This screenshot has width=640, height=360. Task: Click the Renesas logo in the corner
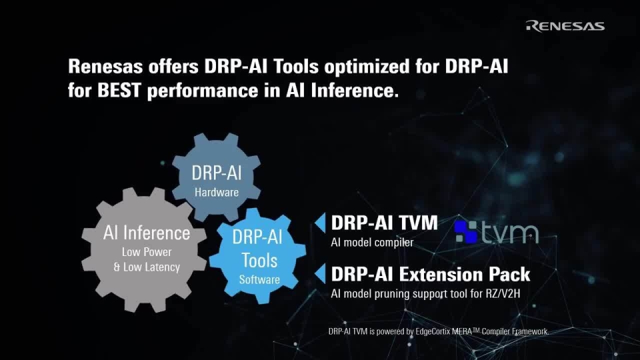pyautogui.click(x=565, y=26)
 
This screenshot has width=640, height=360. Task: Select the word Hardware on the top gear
pyautogui.click(x=217, y=192)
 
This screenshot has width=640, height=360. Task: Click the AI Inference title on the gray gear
pyautogui.click(x=147, y=233)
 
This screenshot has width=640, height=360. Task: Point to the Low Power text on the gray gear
pyautogui.click(x=147, y=252)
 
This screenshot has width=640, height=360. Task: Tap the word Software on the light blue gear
pyautogui.click(x=259, y=279)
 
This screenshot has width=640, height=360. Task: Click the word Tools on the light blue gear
pyautogui.click(x=259, y=259)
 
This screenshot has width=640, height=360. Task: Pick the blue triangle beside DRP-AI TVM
pyautogui.click(x=320, y=222)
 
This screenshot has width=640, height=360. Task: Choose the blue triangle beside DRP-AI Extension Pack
pyautogui.click(x=320, y=273)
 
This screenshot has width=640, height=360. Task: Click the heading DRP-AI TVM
pyautogui.click(x=384, y=223)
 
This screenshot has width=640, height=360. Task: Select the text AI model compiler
pyautogui.click(x=372, y=242)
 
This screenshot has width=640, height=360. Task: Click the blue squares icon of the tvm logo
pyautogui.click(x=466, y=231)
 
